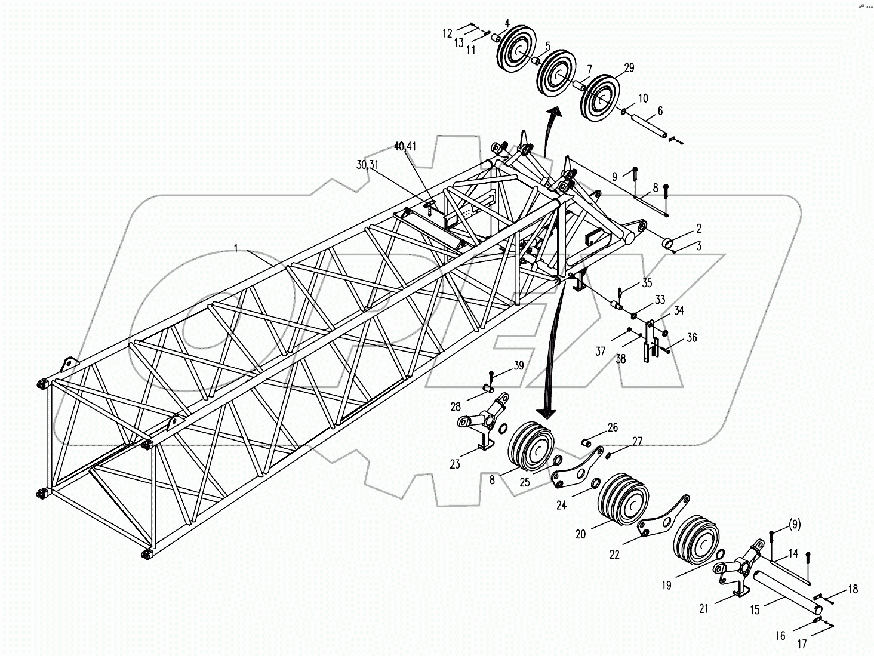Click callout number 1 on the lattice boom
pyautogui.click(x=236, y=248)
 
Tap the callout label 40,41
pyautogui.click(x=406, y=146)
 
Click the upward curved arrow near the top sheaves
pyautogui.click(x=550, y=128)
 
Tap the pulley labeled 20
pyautogui.click(x=622, y=501)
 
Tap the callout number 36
pyautogui.click(x=691, y=338)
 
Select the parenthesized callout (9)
pyautogui.click(x=794, y=525)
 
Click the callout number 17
pyautogui.click(x=802, y=644)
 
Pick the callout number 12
pyautogui.click(x=448, y=33)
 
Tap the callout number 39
pyautogui.click(x=518, y=366)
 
